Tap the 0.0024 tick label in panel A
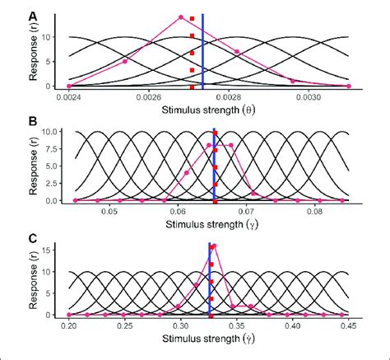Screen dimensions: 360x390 (x=68, y=96)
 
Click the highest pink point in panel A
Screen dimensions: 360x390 (x=181, y=17)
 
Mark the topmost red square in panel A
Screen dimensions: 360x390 (x=192, y=18)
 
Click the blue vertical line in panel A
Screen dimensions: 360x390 (x=202, y=49)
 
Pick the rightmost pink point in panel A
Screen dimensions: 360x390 (x=349, y=86)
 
